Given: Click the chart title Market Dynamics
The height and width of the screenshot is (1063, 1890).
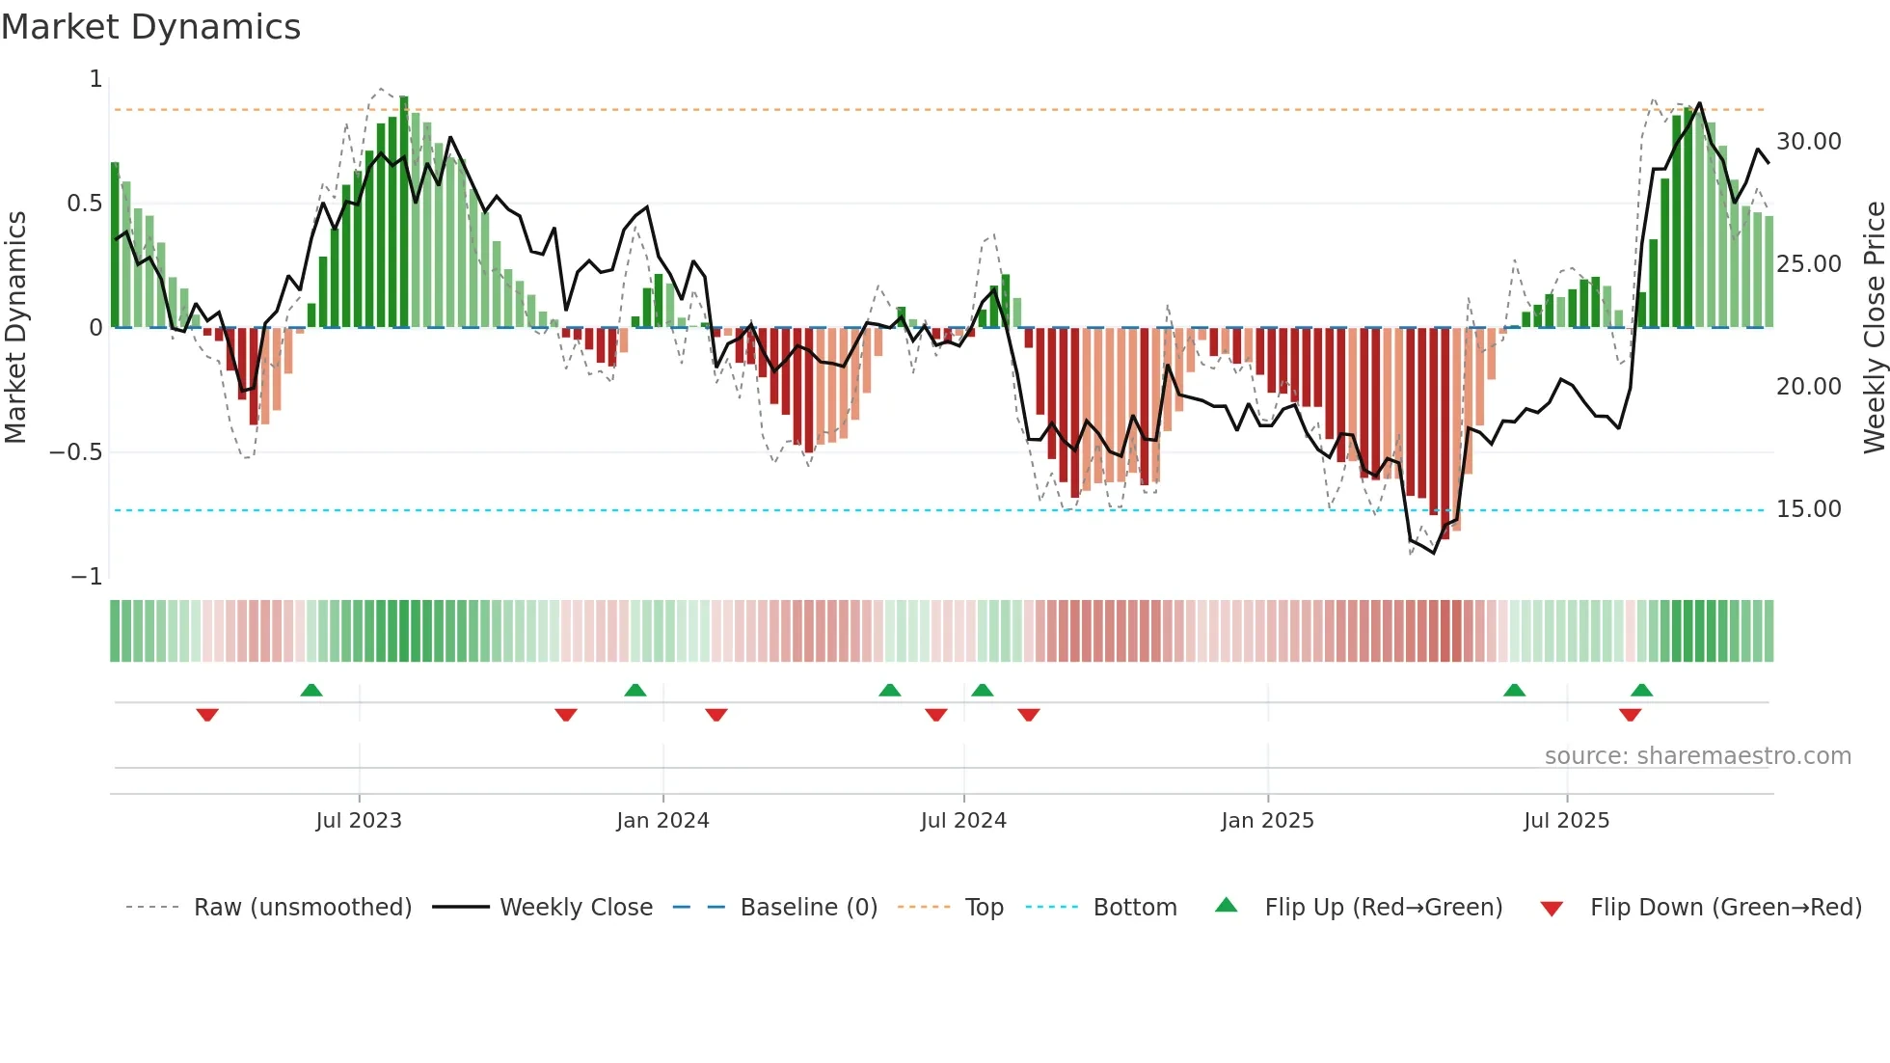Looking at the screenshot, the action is pyautogui.click(x=150, y=27).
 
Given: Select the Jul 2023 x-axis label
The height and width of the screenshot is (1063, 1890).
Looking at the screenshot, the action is pyautogui.click(x=359, y=821).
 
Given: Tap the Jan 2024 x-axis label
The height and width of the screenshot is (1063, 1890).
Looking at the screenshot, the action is pyautogui.click(x=662, y=821).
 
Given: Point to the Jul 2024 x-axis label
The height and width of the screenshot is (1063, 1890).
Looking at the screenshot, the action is pyautogui.click(x=963, y=821).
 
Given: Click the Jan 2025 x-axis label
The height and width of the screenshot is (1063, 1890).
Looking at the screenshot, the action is pyautogui.click(x=1267, y=821).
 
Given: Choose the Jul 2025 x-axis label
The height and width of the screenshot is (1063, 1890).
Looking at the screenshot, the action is pyautogui.click(x=1567, y=821).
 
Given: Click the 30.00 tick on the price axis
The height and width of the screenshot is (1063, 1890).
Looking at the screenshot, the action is pyautogui.click(x=1808, y=142).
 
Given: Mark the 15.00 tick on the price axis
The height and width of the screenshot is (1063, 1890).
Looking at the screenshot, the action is pyautogui.click(x=1808, y=509).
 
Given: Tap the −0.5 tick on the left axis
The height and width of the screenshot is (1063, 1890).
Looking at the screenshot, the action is pyautogui.click(x=76, y=452).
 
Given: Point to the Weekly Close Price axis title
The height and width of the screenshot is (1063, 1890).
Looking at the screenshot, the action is pyautogui.click(x=1874, y=327).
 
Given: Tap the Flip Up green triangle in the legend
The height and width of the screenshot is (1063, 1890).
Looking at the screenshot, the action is pyautogui.click(x=1226, y=905).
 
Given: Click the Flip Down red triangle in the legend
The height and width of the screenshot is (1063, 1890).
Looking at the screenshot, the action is pyautogui.click(x=1552, y=909).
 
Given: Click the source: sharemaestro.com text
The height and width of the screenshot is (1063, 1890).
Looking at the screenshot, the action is pyautogui.click(x=1697, y=756).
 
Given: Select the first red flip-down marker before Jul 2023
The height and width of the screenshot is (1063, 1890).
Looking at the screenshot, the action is pyautogui.click(x=207, y=715).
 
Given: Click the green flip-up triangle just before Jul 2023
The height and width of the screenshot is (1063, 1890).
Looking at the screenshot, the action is pyautogui.click(x=310, y=690).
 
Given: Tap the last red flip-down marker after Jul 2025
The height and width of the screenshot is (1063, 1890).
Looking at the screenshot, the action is pyautogui.click(x=1631, y=715).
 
